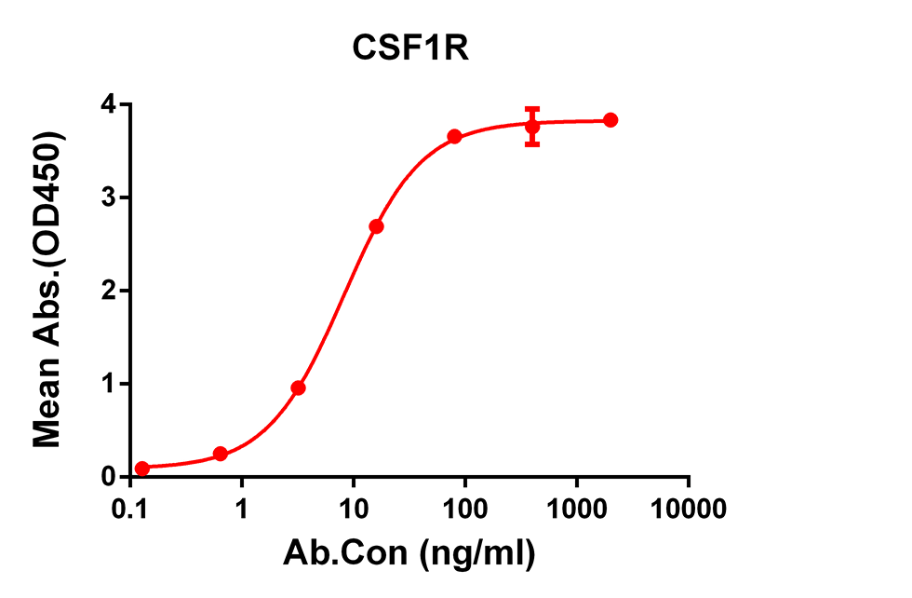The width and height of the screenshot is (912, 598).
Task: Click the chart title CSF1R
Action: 410,49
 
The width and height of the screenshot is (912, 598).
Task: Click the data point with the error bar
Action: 532,127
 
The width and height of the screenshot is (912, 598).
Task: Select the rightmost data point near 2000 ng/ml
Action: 610,120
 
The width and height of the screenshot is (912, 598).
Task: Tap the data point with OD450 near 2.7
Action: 376,226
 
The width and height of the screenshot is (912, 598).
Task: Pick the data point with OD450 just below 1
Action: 298,387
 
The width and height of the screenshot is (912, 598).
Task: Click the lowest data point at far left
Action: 141,469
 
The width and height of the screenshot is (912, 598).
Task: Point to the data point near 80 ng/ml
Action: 454,137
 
